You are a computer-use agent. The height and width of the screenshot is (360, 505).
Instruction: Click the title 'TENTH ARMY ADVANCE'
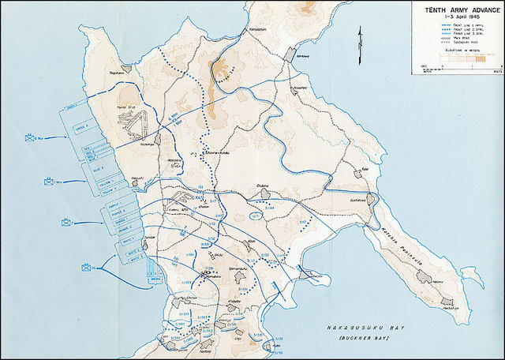pos(458,9)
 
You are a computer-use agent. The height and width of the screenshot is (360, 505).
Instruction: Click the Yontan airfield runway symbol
pos(126,122)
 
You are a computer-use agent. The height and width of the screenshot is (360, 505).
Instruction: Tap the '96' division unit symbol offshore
pos(87,268)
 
